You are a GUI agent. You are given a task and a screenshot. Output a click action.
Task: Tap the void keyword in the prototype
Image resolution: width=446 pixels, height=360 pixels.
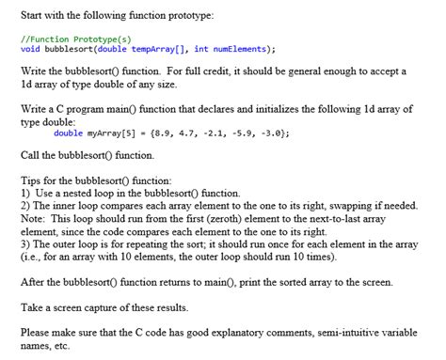[x=29, y=49]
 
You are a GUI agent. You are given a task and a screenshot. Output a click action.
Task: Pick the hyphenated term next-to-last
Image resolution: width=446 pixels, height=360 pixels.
[x=335, y=216]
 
